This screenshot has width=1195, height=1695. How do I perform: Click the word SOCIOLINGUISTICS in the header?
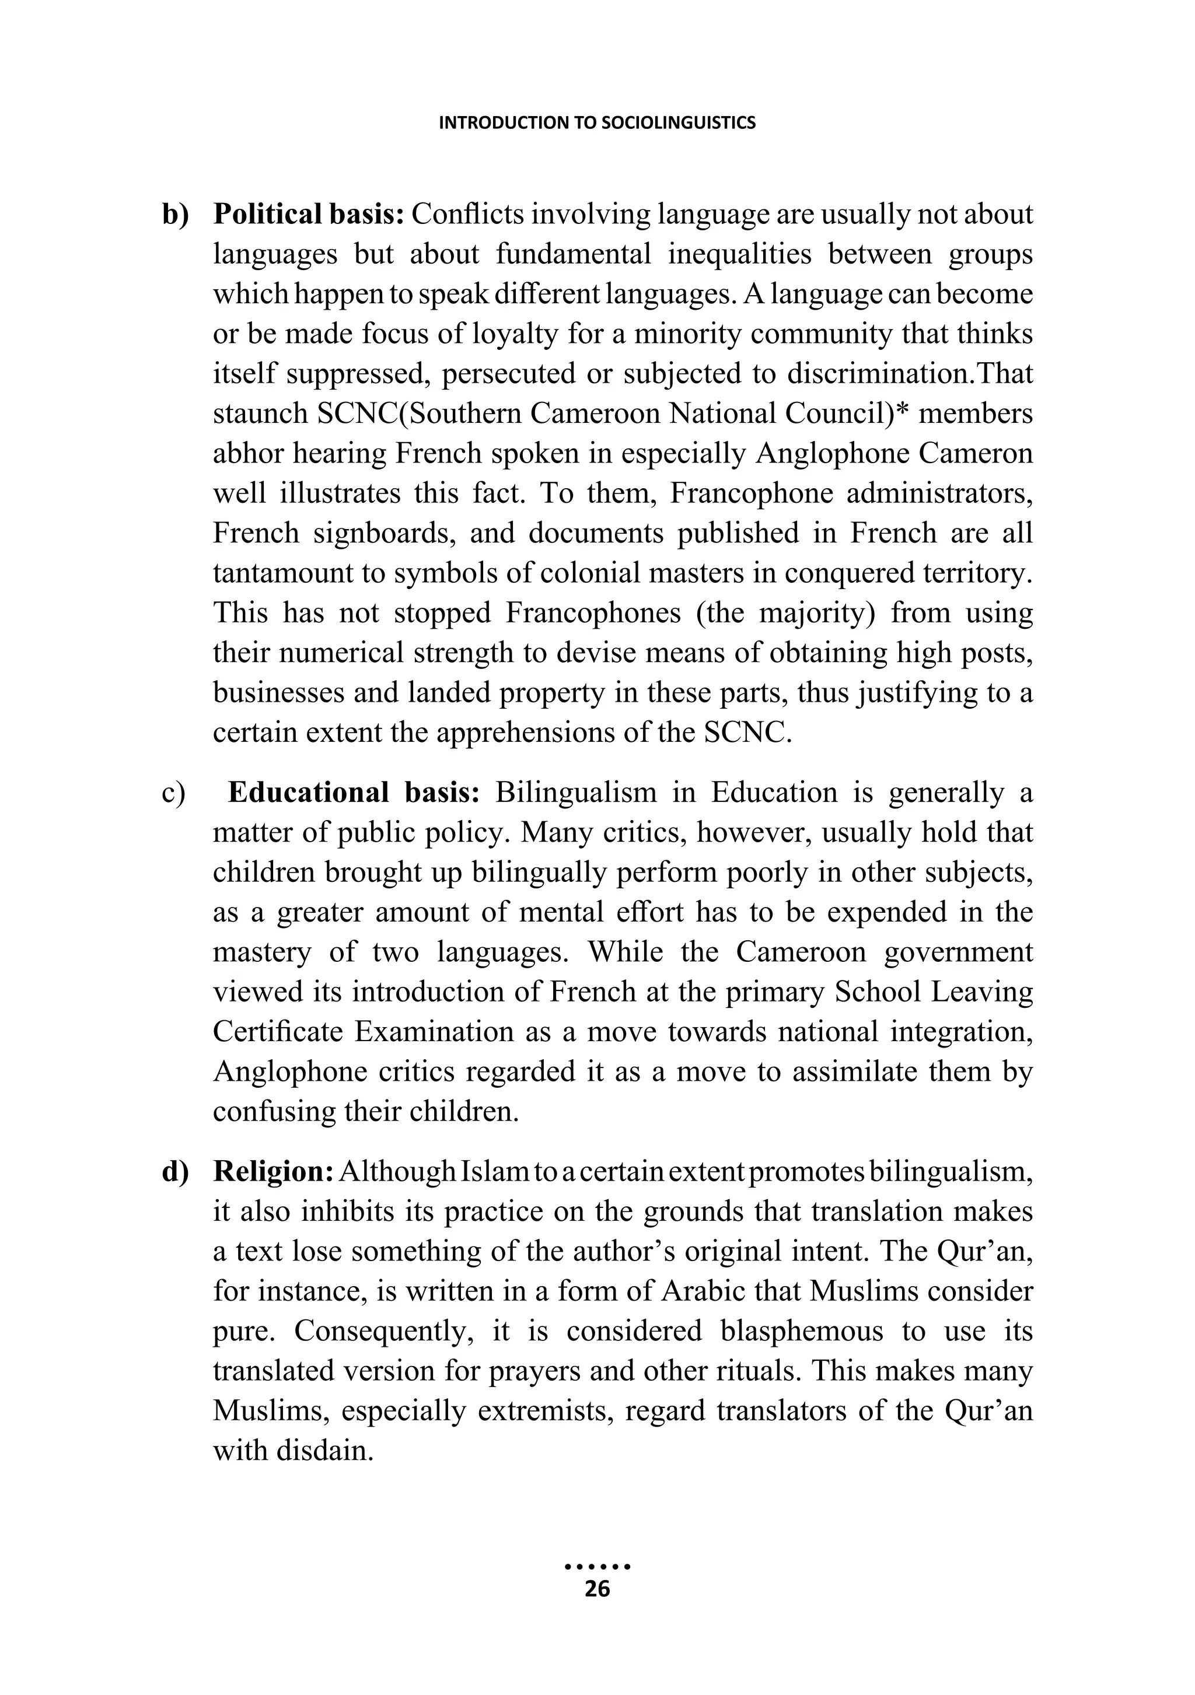(x=678, y=123)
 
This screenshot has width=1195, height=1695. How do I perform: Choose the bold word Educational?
(x=308, y=793)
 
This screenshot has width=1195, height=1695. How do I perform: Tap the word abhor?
(x=247, y=454)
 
